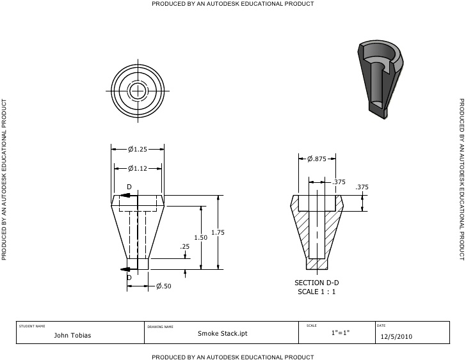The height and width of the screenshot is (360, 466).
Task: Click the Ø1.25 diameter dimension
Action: point(138,149)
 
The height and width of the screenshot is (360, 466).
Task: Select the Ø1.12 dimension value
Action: point(138,168)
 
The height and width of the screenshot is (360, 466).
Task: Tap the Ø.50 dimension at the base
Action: point(164,286)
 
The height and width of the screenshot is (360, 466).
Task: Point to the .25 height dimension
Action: point(185,246)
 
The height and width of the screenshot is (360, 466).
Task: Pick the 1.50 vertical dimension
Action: point(200,237)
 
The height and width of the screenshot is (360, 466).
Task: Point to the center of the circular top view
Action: point(137,91)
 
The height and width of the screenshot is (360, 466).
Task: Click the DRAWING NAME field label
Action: point(160,326)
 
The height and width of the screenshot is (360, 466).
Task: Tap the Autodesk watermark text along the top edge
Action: point(232,4)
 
